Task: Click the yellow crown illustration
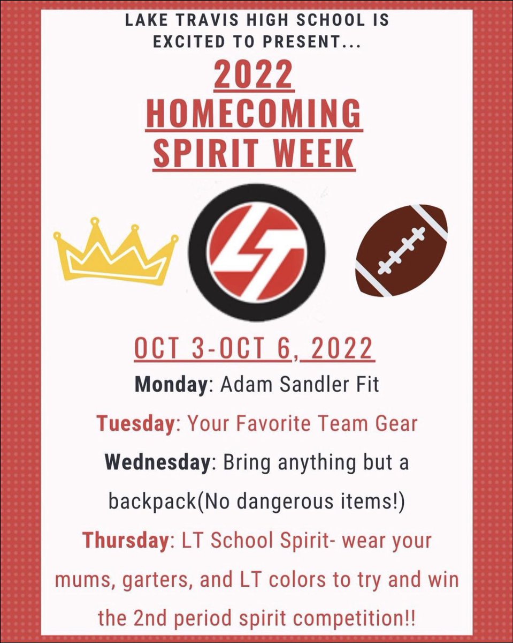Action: pyautogui.click(x=115, y=252)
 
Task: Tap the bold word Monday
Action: pyautogui.click(x=167, y=386)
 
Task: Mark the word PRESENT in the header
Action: pyautogui.click(x=310, y=42)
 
